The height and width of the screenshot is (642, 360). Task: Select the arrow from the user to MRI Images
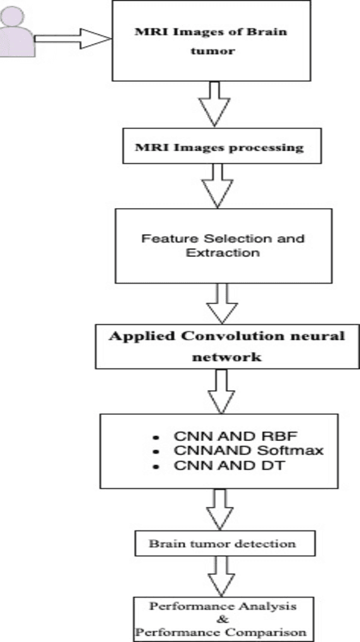point(74,39)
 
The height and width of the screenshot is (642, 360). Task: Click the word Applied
point(134,336)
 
